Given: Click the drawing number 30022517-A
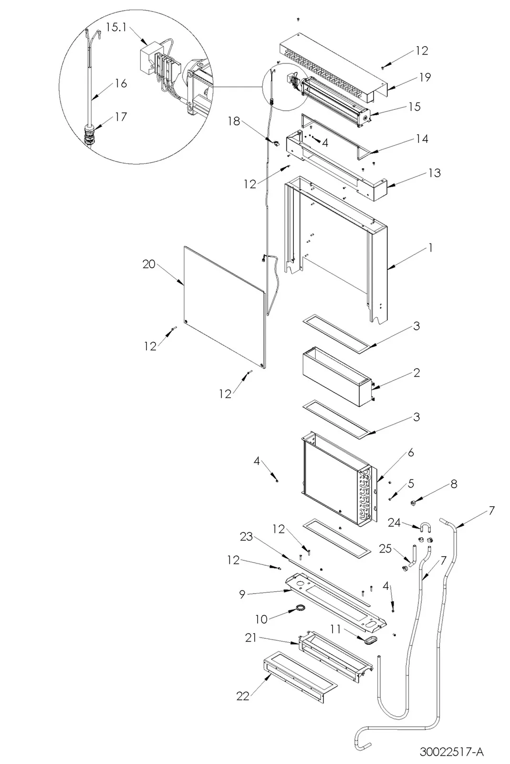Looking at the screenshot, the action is tap(451, 751).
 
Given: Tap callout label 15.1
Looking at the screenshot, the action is tap(116, 27).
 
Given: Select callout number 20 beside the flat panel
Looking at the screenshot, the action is tap(149, 264).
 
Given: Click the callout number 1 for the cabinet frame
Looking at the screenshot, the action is tap(430, 248).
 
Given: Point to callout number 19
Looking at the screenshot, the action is tap(425, 77).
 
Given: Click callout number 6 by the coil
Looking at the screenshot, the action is tap(411, 453).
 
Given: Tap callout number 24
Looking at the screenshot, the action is tap(394, 522).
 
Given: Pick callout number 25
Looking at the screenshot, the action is tap(385, 548).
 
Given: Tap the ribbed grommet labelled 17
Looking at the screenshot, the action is tap(90, 135).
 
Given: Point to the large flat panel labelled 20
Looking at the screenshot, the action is tap(224, 307).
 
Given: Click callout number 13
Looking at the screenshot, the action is tap(435, 173).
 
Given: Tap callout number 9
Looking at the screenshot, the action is tap(242, 594).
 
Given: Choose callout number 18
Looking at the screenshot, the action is tap(234, 121).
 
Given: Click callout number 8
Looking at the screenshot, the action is tap(454, 484).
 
